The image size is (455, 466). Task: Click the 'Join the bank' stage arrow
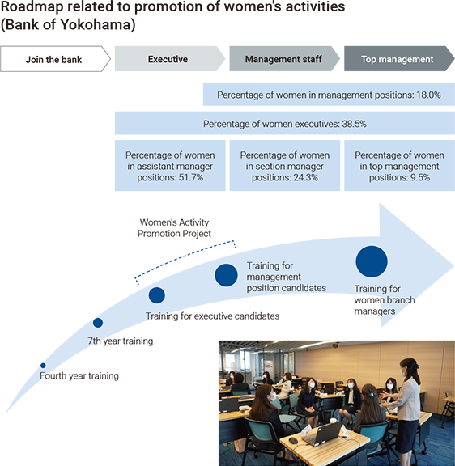coord(55,59)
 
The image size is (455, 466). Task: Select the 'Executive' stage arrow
coord(170,59)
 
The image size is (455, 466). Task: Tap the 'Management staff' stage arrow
coord(285,59)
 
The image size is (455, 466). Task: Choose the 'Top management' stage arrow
coord(399,59)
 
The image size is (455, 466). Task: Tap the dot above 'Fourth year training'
coord(43,366)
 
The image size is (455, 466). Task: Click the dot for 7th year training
coord(98,323)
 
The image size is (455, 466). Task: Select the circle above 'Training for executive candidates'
coord(157,295)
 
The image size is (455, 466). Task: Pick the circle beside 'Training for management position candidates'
coord(227,275)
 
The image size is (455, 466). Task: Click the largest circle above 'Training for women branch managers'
coord(372,261)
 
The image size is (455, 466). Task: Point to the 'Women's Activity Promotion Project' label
coord(174,228)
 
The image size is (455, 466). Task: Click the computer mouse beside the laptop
coord(293,440)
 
